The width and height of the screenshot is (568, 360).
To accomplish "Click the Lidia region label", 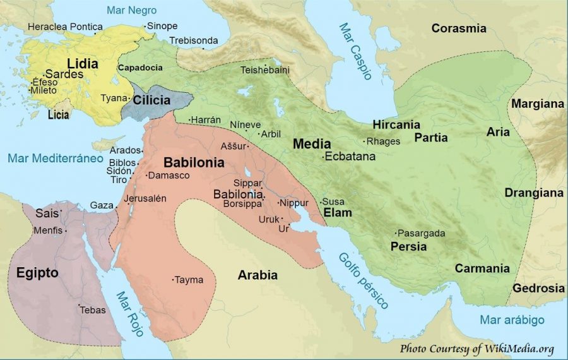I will point(83,64).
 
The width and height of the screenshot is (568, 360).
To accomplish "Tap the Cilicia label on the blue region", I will point(151,100).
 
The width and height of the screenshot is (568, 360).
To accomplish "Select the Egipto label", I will point(37,273).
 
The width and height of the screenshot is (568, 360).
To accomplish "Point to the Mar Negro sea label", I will point(132,11).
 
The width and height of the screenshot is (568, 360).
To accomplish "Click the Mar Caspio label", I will point(355,51).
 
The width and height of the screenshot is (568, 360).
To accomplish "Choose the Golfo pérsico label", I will point(364,280).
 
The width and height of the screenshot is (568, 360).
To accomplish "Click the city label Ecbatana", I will point(350,156).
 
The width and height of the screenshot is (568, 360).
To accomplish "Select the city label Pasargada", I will point(422,233).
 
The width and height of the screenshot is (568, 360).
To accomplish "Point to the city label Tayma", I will point(189,279).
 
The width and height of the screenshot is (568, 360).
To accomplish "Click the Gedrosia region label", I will point(538,288).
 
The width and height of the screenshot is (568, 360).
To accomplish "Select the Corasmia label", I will point(459,28).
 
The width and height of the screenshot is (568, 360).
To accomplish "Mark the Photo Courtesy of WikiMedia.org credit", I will point(476,348).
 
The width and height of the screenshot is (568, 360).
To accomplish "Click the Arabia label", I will point(257,275).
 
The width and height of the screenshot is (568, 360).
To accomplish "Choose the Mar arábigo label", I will point(512,320).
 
